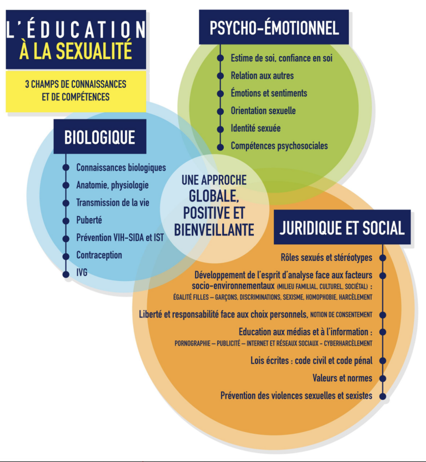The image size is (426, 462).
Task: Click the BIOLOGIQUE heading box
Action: tap(100, 137)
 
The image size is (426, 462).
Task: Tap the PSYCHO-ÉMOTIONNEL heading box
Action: tap(274, 27)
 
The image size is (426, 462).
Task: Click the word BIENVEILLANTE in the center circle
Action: tap(214, 229)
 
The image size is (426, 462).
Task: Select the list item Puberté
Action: tap(89, 220)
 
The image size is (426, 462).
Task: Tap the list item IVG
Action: tap(82, 273)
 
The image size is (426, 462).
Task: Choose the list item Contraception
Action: tap(99, 255)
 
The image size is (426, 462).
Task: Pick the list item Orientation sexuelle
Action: tap(263, 111)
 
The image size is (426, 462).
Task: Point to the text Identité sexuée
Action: tap(255, 128)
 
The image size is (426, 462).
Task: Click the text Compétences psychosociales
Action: tap(279, 146)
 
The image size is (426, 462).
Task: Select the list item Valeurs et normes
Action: tap(342, 378)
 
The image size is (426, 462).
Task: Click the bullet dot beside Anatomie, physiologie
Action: tap(66, 185)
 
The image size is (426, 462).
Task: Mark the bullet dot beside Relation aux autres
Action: tap(220, 76)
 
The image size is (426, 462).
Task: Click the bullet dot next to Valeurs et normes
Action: tap(383, 378)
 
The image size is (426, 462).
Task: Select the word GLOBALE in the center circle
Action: tap(214, 196)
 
